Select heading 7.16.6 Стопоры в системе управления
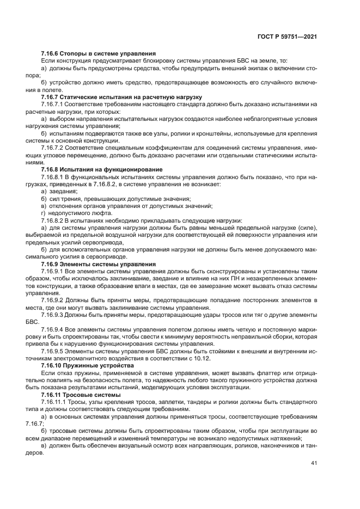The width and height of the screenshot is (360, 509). [x=99, y=53]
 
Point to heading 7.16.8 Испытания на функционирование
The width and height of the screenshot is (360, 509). [x=102, y=169]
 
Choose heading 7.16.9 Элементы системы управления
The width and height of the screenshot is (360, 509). [x=99, y=263]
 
